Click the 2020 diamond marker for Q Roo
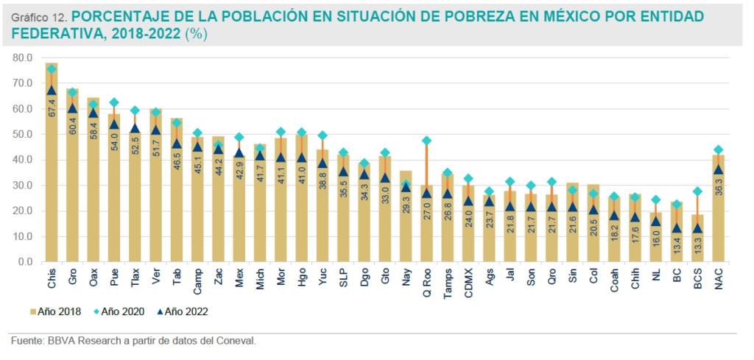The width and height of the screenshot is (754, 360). click(x=427, y=141)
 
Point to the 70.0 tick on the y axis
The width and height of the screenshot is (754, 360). click(x=22, y=83)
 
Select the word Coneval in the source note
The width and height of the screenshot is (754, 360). click(x=233, y=341)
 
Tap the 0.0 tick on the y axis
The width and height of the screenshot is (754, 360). click(x=24, y=262)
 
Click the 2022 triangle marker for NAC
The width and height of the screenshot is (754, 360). click(x=719, y=169)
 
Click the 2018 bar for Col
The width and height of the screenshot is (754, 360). click(x=594, y=236)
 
